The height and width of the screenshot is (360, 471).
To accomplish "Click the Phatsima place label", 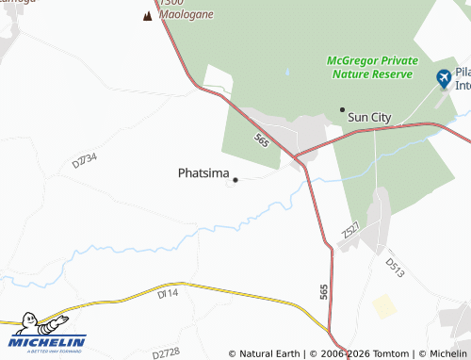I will pos(203,173).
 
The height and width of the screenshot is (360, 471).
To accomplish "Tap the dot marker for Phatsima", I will pos(235,179).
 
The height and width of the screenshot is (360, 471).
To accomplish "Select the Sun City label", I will pos(369,117).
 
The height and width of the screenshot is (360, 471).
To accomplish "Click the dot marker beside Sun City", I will pos(342,109).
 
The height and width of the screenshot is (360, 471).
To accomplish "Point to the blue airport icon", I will pos(444,78).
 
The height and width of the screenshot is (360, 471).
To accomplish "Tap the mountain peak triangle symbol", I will pos(147,16).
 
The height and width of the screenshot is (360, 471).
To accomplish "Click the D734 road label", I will pos(85,159).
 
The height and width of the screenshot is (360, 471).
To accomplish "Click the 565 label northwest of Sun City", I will pos(261,140).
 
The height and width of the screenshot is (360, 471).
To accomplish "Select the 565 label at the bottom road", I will pos(324,292).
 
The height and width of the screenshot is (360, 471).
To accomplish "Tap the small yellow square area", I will pos(384,306).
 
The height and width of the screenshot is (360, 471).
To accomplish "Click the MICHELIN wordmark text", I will pos(48,341).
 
